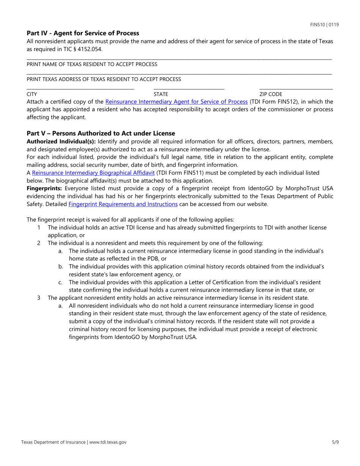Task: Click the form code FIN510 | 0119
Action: (x=324, y=25)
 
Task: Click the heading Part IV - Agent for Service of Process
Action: (x=83, y=33)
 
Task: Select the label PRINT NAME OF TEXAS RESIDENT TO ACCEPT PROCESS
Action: (x=92, y=64)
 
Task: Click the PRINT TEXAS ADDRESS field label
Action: (x=103, y=79)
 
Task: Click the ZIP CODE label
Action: (x=271, y=94)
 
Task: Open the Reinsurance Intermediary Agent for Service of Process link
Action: (x=176, y=102)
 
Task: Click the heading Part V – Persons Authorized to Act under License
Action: (x=101, y=133)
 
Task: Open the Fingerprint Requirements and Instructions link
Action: (x=123, y=204)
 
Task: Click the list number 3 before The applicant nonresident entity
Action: (x=39, y=298)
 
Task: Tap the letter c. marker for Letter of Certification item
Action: (x=61, y=282)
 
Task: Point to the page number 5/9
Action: (x=334, y=442)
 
